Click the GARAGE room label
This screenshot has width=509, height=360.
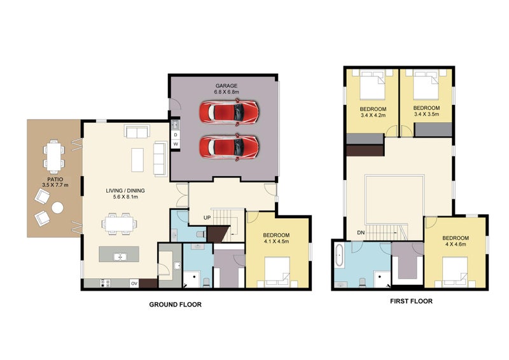click(227, 86)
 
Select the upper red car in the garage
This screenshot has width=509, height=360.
click(229, 113)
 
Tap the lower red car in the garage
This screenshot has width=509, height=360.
click(229, 147)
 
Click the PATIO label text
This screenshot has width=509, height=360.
click(55, 179)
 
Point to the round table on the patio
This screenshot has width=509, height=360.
click(57, 208)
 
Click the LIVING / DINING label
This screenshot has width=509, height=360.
click(125, 191)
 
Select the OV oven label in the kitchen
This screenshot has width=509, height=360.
click(134, 284)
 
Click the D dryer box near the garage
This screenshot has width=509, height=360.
click(176, 135)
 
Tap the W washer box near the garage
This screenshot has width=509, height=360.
click(176, 144)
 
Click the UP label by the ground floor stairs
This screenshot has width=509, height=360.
click(207, 218)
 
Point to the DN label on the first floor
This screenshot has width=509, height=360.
click(361, 233)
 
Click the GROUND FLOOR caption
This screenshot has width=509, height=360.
click(176, 305)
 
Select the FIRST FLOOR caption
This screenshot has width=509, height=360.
click(411, 301)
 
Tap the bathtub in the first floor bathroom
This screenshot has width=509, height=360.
click(340, 256)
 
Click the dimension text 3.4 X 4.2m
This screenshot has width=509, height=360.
click(373, 115)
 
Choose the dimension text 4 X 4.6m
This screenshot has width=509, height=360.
click(456, 244)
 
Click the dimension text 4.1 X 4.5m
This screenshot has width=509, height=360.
click(276, 241)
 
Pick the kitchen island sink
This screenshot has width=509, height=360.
click(120, 257)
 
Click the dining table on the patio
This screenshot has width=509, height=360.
click(54, 157)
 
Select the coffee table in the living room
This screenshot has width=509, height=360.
click(137, 160)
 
